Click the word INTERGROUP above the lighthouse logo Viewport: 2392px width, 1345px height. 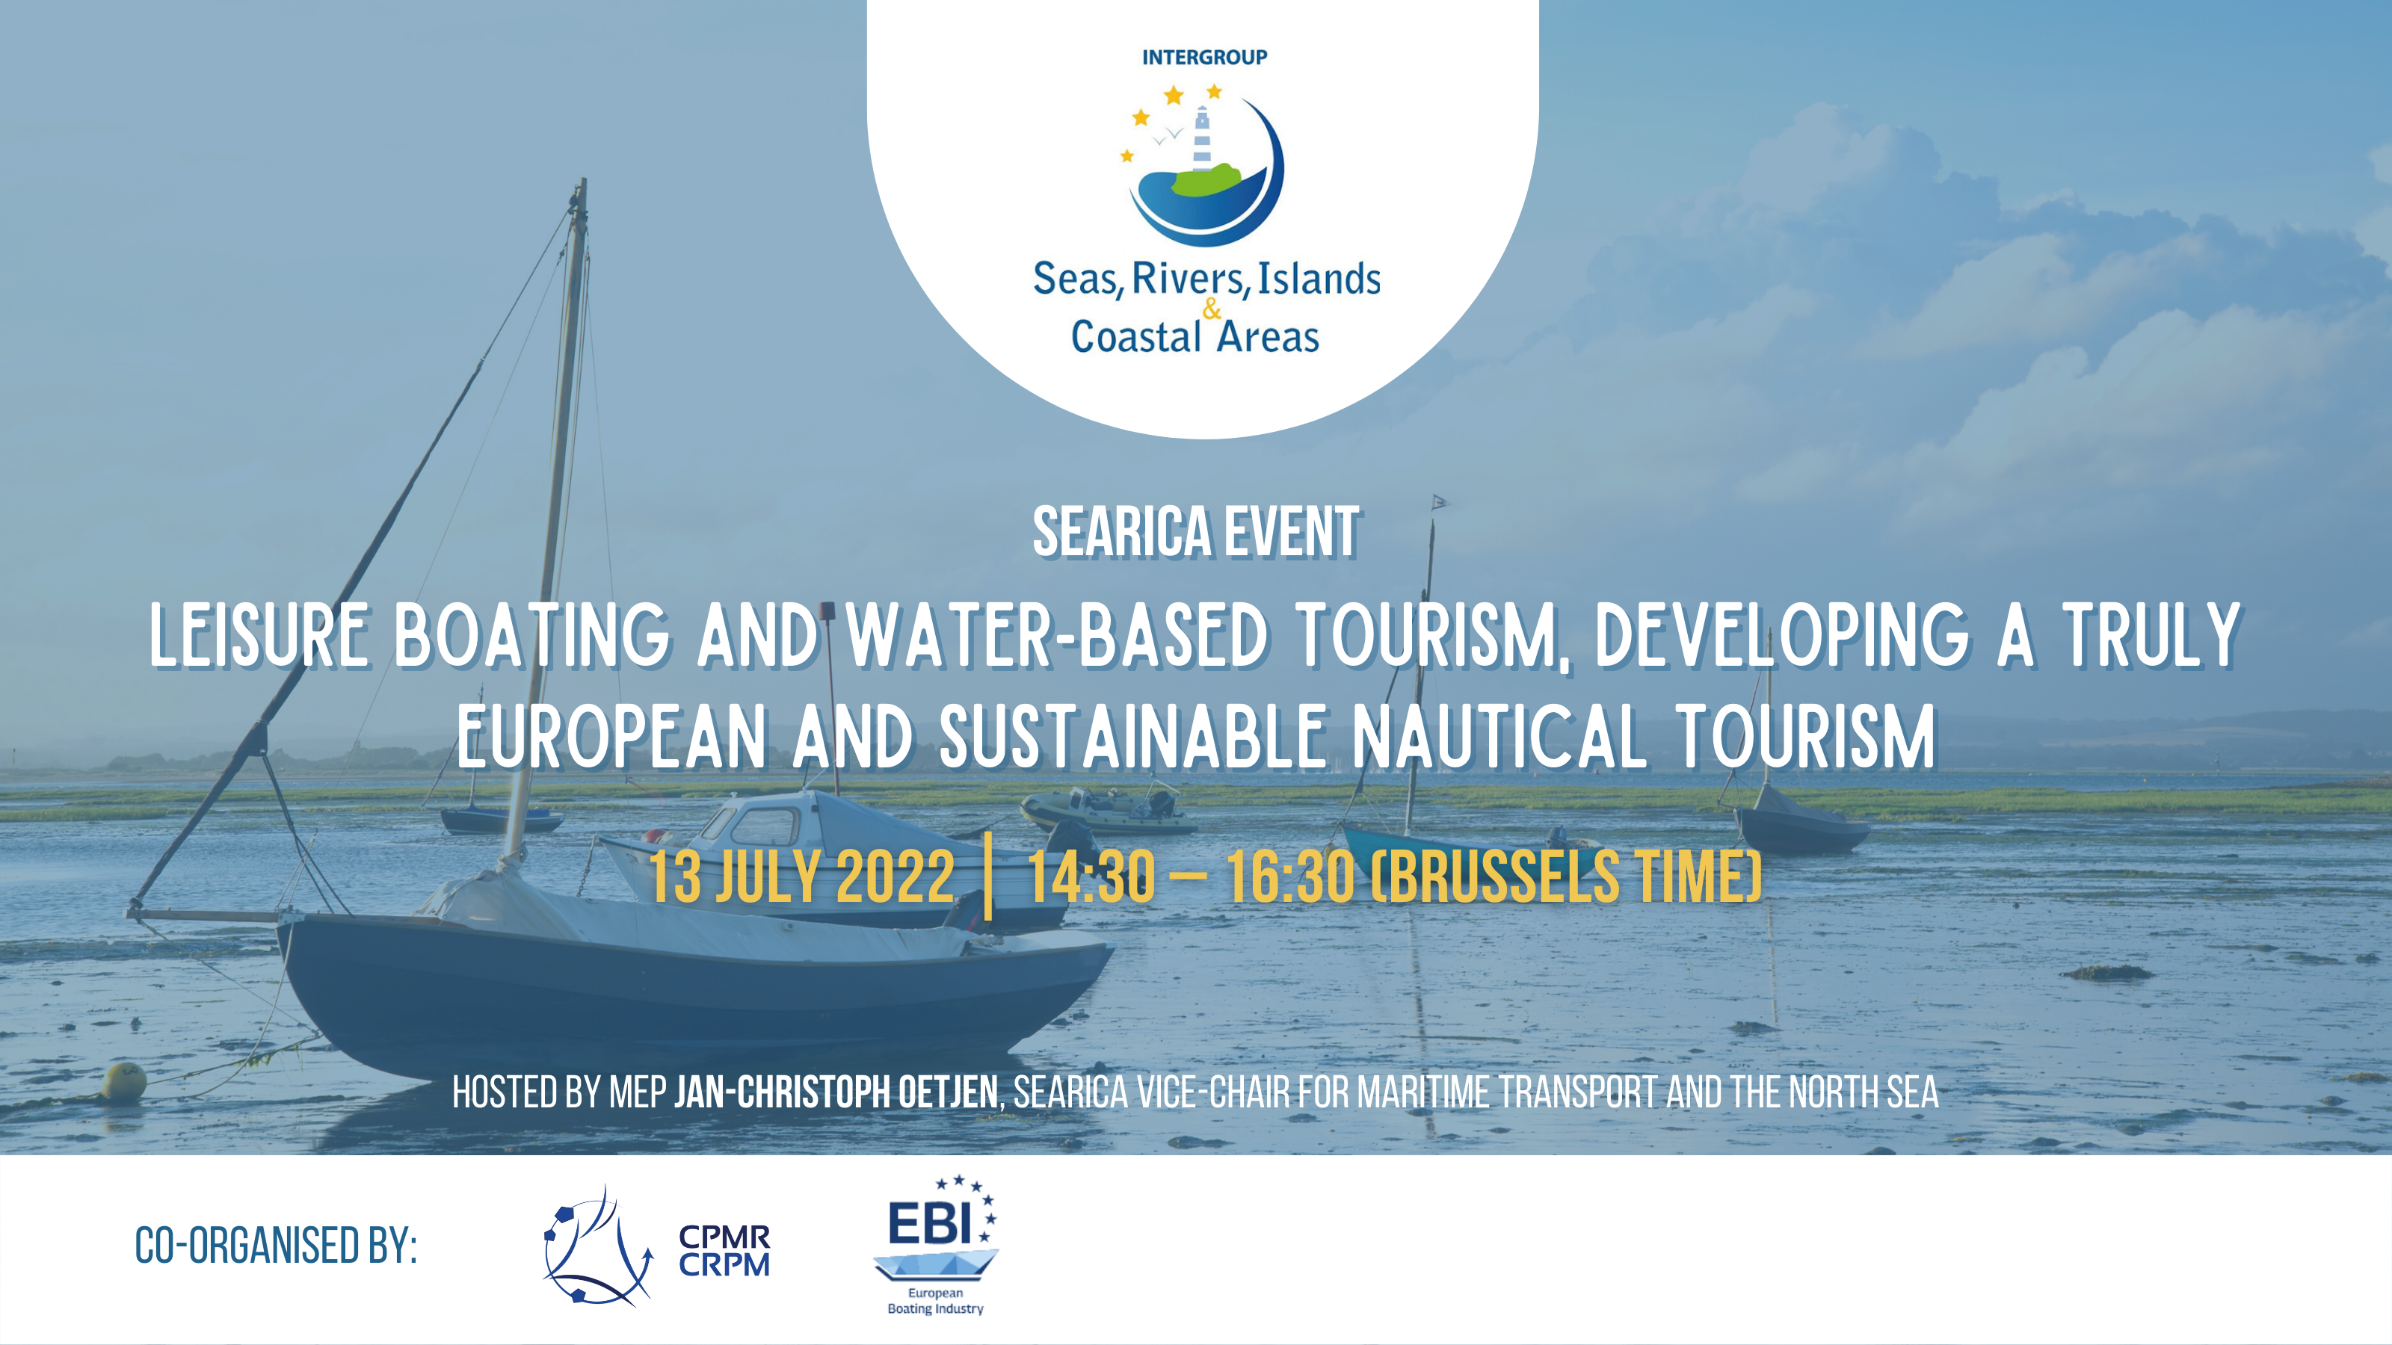coord(1204,58)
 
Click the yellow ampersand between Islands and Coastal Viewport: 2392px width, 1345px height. coord(1212,309)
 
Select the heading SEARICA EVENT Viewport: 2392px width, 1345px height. coord(1196,532)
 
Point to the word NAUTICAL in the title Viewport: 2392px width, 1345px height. coord(1499,736)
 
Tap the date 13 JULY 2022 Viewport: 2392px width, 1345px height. coord(801,876)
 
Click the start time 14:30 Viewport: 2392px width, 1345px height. coord(1091,876)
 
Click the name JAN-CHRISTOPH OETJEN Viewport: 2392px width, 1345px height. coord(836,1092)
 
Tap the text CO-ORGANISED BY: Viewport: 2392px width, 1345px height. coord(276,1246)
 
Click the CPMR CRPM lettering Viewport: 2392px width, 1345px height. coord(724,1252)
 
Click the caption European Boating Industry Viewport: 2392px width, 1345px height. coord(935,1300)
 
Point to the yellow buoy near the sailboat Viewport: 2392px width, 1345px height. coord(123,1081)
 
